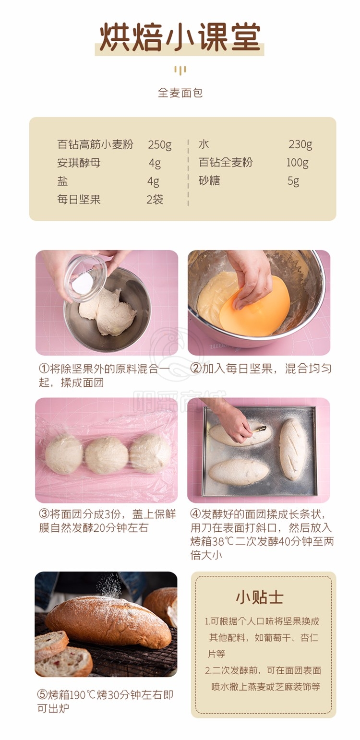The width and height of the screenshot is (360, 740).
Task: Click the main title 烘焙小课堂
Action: (180, 37)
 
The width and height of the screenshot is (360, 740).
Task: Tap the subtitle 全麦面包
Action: (180, 93)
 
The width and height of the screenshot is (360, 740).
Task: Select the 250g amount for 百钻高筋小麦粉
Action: (160, 145)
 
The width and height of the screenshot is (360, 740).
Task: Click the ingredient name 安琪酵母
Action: (79, 163)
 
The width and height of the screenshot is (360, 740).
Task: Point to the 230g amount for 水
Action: (300, 144)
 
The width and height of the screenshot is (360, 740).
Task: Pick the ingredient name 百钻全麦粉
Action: (226, 162)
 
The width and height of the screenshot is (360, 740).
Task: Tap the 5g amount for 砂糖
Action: (293, 181)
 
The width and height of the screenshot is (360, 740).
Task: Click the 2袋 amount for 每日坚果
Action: (155, 199)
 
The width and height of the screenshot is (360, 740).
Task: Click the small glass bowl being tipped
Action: (85, 277)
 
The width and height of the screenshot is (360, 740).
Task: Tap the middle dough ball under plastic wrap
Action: (107, 455)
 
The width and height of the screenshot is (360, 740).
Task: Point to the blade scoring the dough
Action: (260, 430)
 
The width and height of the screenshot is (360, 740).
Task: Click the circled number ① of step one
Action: (44, 369)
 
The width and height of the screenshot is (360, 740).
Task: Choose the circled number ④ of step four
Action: (196, 514)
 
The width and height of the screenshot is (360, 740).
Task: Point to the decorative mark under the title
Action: (180, 70)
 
